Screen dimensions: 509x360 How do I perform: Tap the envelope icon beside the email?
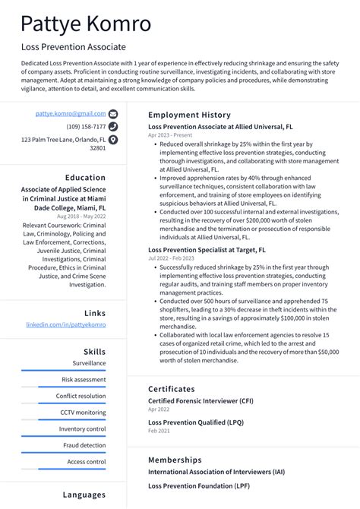coord(113,113)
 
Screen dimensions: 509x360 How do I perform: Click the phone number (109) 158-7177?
coord(86,126)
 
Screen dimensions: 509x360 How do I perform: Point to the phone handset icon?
coord(113,126)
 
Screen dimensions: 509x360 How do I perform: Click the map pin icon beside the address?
coord(113,140)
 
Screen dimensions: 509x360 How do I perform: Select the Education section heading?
coord(85,177)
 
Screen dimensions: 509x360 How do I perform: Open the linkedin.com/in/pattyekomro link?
coord(66,324)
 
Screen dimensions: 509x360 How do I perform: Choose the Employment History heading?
coord(189,114)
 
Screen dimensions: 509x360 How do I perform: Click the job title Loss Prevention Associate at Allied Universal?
coord(220,126)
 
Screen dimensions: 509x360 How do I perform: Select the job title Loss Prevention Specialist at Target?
coord(207,248)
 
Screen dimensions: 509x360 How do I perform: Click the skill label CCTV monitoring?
coord(84,413)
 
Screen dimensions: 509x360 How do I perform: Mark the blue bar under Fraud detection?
coord(64,453)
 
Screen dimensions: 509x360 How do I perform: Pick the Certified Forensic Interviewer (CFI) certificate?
coord(201,400)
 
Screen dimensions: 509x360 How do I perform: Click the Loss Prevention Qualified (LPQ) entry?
coord(195,422)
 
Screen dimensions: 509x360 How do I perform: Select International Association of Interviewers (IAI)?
coord(216,472)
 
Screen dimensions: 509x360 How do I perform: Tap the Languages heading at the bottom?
coord(84,495)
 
